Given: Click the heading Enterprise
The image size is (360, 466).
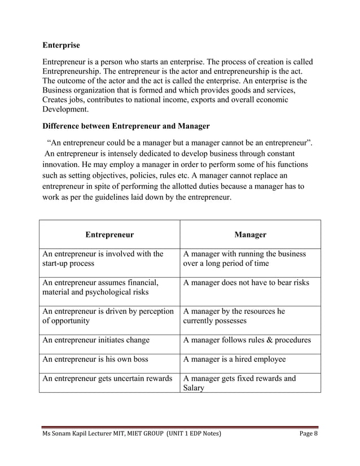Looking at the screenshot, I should coord(62,45).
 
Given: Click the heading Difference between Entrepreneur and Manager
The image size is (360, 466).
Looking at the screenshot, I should coord(126,126).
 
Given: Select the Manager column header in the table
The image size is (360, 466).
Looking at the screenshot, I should coord(250,234).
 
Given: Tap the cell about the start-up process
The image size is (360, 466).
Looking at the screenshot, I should coord(103,259).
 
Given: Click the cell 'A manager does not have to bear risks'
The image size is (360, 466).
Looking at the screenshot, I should coord(246,282).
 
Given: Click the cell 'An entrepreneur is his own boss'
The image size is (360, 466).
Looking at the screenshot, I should coord(95,359).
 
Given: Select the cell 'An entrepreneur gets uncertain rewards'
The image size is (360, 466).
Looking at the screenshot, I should coord(107,379).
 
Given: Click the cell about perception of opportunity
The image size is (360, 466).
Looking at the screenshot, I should coord(108,316).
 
